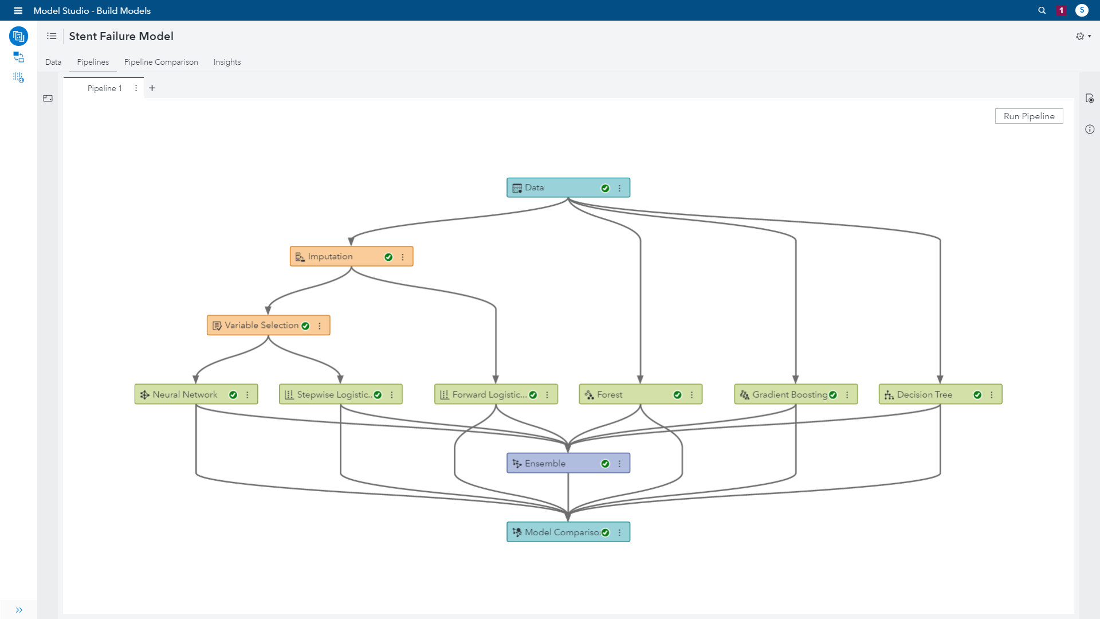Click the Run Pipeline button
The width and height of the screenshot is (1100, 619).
(x=1029, y=116)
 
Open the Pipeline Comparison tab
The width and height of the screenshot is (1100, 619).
(x=161, y=62)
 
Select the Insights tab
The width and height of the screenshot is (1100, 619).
(x=227, y=62)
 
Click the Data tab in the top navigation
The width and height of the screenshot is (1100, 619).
(x=53, y=62)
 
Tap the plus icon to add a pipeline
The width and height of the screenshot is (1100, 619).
(x=152, y=88)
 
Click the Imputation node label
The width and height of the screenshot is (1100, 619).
(x=330, y=256)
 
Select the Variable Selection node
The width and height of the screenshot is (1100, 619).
(x=268, y=325)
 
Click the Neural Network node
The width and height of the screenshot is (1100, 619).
(x=196, y=394)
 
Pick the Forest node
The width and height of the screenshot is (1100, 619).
(x=641, y=394)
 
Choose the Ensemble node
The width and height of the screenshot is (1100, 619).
(x=568, y=463)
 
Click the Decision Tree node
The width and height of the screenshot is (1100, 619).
(x=940, y=394)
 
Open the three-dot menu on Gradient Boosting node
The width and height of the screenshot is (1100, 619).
(x=847, y=395)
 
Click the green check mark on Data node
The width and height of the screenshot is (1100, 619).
(x=605, y=188)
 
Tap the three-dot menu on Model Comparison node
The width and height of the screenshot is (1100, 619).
(x=619, y=532)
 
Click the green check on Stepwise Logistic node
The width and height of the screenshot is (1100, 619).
(x=378, y=395)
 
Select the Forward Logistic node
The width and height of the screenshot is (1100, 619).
(x=496, y=394)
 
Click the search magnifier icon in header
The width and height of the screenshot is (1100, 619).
(x=1042, y=10)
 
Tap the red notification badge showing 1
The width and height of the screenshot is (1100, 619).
(x=1061, y=10)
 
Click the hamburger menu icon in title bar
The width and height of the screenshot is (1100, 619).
(x=18, y=10)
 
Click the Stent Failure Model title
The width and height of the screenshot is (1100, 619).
(x=121, y=36)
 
